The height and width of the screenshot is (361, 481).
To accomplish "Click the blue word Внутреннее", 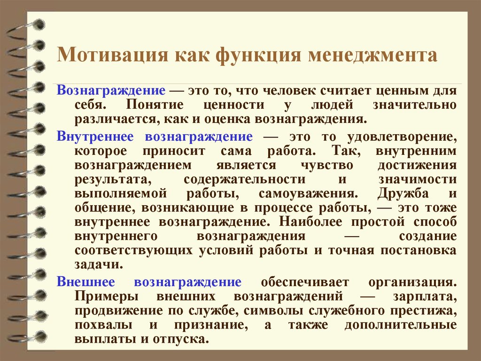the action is point(95,136).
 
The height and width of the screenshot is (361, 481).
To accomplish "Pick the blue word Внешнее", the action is point(85,281).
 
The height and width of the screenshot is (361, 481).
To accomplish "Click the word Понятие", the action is point(155,105).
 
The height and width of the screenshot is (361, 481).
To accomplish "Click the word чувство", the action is point(327,165).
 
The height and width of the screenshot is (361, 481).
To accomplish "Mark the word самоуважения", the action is point(309,194).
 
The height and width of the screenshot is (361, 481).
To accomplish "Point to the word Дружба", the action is point(403,193).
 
